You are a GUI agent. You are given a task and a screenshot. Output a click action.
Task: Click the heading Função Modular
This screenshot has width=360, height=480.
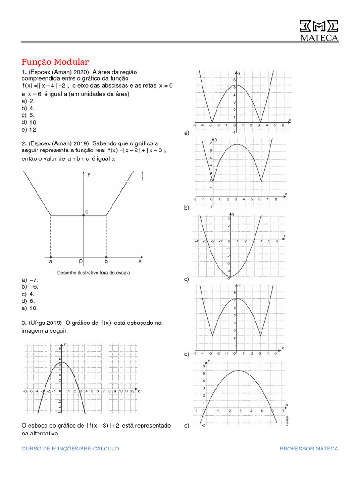click(x=55, y=62)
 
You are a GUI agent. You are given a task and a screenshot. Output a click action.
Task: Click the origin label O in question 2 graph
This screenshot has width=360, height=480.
click(x=81, y=262)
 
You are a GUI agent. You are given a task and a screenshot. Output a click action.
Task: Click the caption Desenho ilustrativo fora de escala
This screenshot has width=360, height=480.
click(x=93, y=272)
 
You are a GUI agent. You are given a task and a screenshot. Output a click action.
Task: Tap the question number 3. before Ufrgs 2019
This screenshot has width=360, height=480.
click(x=23, y=322)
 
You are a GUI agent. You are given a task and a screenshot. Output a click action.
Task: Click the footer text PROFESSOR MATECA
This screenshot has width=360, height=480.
click(x=308, y=449)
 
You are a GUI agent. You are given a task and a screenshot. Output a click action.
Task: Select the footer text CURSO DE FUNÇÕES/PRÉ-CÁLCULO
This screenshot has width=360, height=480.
click(x=70, y=449)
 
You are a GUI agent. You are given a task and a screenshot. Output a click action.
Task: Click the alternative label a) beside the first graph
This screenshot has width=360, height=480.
click(x=187, y=133)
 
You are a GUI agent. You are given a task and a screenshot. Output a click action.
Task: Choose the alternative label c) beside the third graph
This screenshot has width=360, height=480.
click(x=187, y=279)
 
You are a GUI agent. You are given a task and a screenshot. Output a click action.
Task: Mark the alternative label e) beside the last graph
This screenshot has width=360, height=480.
click(x=187, y=426)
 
